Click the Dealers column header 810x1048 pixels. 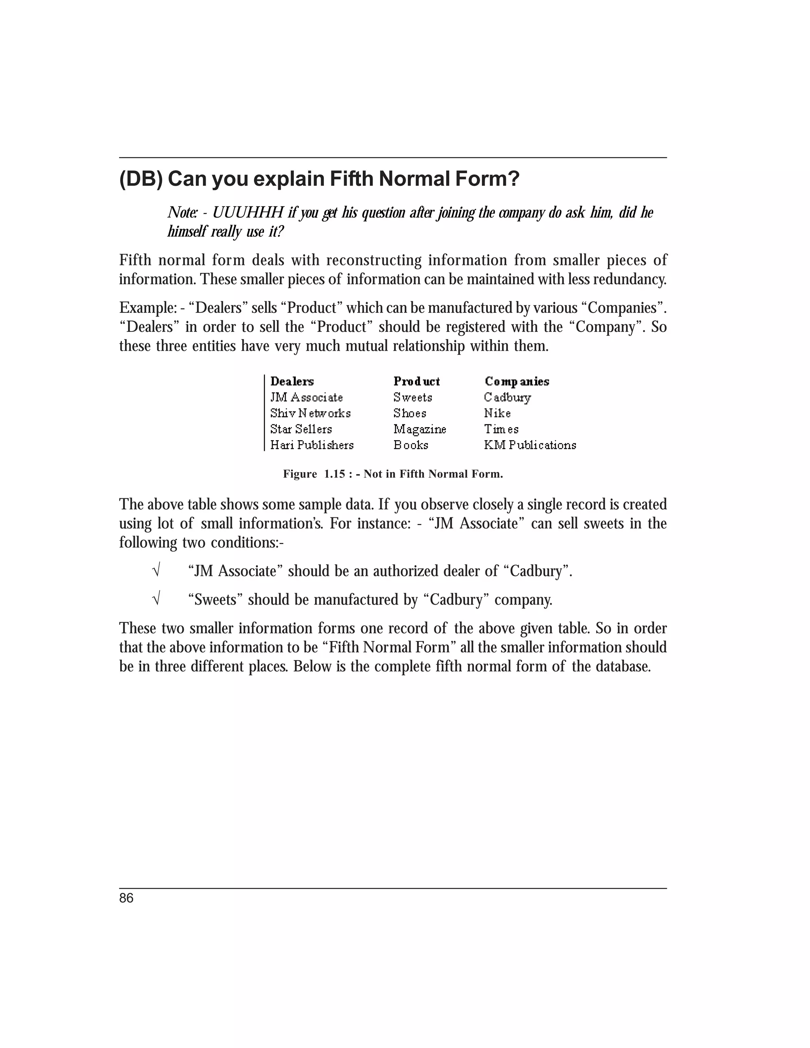pyautogui.click(x=292, y=382)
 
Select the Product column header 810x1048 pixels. pyautogui.click(x=416, y=382)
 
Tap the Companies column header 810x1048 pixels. pyautogui.click(x=517, y=382)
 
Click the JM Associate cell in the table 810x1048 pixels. pyautogui.click(x=307, y=397)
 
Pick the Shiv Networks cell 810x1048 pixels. pyautogui.click(x=310, y=413)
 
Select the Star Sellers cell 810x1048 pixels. pyautogui.click(x=301, y=429)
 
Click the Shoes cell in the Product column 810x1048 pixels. pyautogui.click(x=410, y=413)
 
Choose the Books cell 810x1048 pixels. pyautogui.click(x=411, y=445)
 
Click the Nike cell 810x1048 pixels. pyautogui.click(x=497, y=413)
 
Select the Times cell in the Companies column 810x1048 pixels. pyautogui.click(x=501, y=429)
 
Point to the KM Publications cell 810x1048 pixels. pyautogui.click(x=530, y=445)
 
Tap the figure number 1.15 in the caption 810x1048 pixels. pyautogui.click(x=335, y=474)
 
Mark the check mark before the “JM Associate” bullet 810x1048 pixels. pyautogui.click(x=155, y=571)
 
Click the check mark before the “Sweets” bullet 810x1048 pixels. pyautogui.click(x=155, y=599)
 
